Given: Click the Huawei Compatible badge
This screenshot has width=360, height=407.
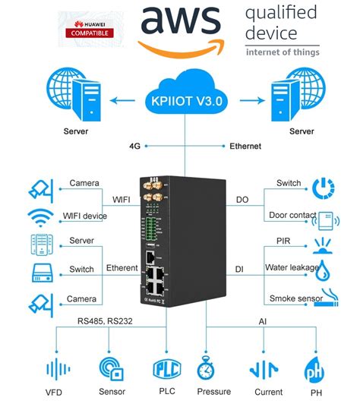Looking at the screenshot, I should coord(91,28).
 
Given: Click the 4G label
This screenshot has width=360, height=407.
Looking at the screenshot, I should coord(135,146).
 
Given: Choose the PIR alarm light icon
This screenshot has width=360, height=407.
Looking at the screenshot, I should coord(324,247).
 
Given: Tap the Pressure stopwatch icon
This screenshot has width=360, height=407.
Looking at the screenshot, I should coord(207,368).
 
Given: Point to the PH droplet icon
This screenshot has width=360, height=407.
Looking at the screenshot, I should coord(314,370).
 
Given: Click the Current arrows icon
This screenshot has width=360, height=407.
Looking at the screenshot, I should coord(263,369).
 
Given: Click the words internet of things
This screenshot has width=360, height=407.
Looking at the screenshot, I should coord(283,52).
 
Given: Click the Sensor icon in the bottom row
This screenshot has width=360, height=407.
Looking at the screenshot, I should coord(112,368).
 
